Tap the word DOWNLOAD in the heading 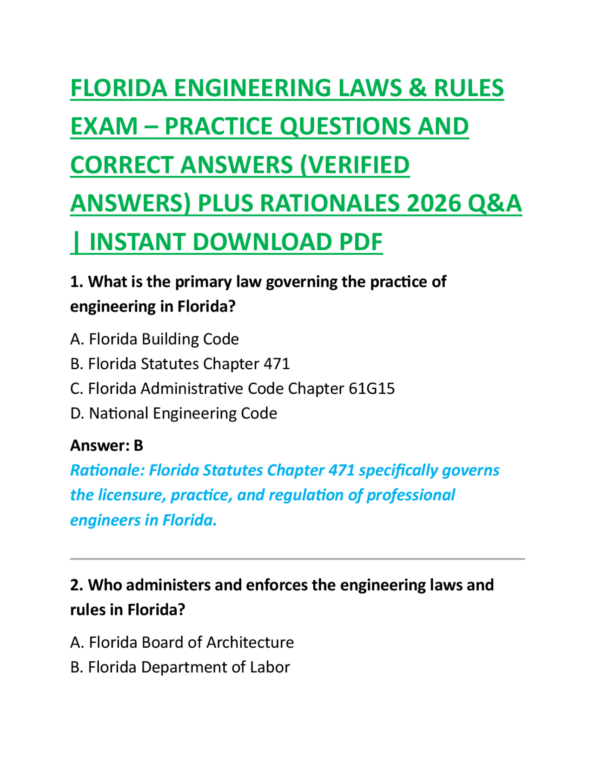tap(262, 242)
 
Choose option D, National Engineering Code tap(173, 413)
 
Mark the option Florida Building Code tap(154, 339)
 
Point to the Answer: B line tap(106, 446)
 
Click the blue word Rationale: tap(108, 471)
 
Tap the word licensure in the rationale tap(132, 495)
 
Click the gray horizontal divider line tap(297, 558)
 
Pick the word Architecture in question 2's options tap(250, 643)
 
